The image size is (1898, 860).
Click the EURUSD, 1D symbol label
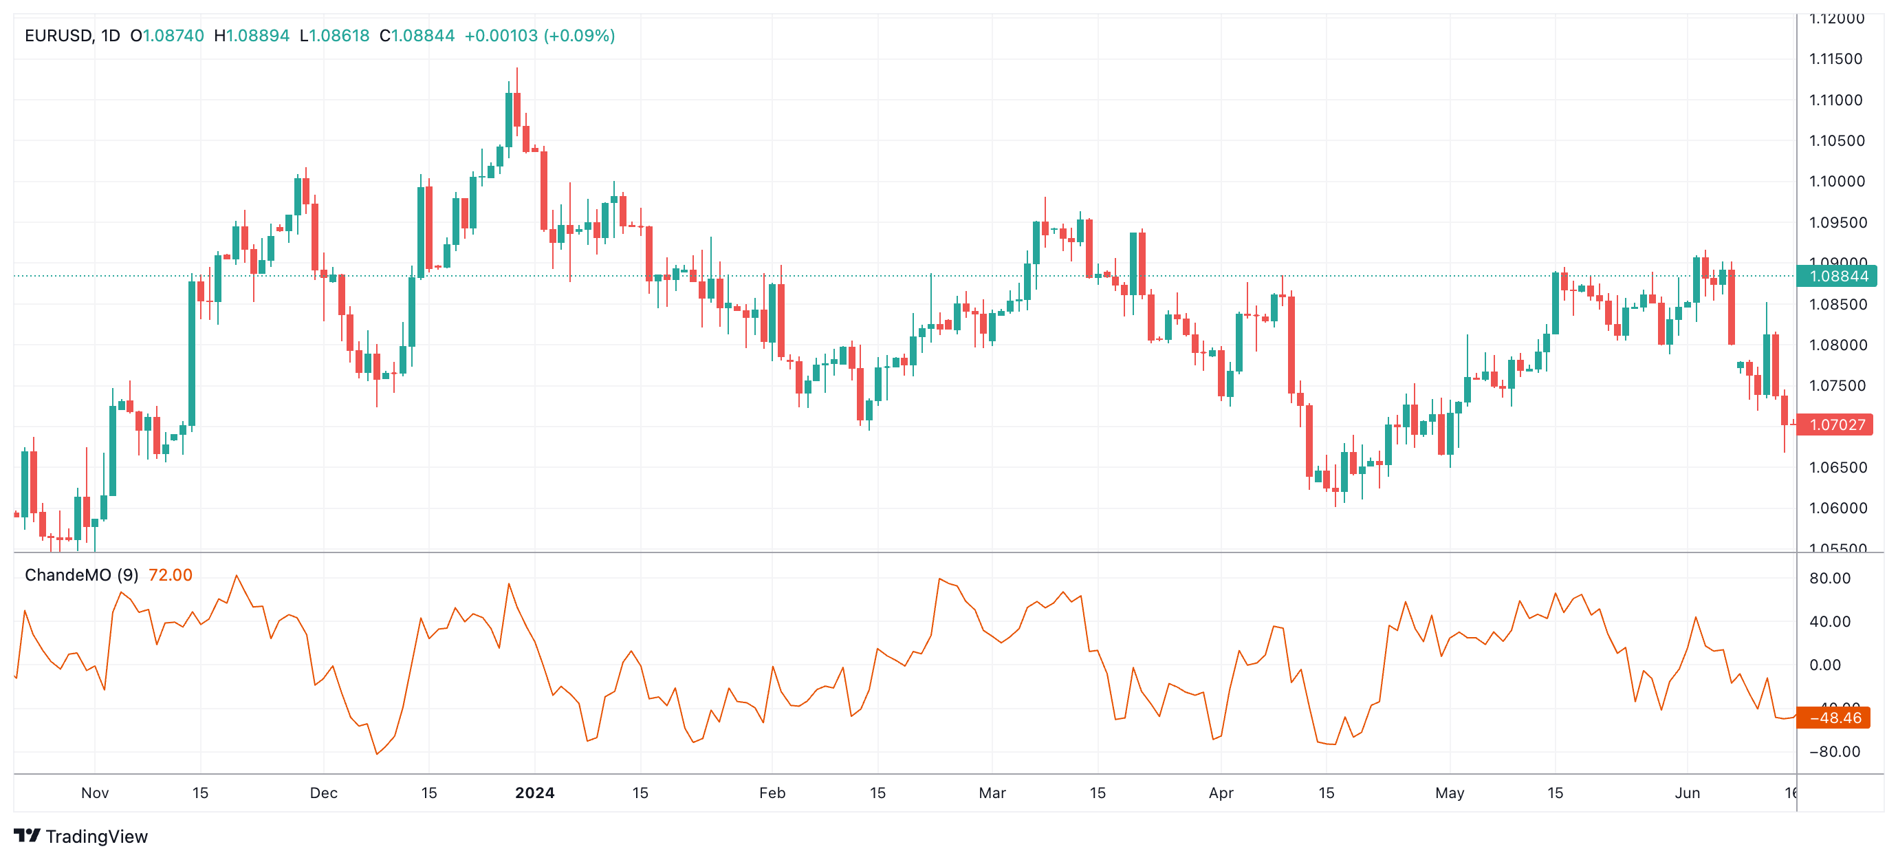pos(72,35)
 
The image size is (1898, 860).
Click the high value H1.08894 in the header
pos(251,35)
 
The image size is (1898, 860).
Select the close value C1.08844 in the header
pos(417,35)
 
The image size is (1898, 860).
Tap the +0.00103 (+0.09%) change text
pos(539,35)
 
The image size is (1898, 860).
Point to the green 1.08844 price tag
pos(1837,277)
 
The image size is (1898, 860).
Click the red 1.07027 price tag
pos(1836,425)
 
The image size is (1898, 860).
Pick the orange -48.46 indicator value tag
pos(1834,718)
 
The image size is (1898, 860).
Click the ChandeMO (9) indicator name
pos(81,574)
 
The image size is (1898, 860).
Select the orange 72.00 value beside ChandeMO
pos(171,574)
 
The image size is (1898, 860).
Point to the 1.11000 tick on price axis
pos(1835,100)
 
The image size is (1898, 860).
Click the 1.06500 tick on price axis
pos(1837,467)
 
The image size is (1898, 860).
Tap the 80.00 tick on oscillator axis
pos(1829,579)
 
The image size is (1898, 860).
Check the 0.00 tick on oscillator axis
pos(1825,665)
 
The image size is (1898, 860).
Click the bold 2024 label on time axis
pos(534,793)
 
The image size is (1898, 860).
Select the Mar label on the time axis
pos(992,793)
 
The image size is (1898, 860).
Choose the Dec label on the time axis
pos(323,793)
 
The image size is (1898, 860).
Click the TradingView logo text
pos(96,837)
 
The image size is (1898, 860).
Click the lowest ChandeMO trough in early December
pos(378,753)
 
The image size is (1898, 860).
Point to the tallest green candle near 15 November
pos(192,354)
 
